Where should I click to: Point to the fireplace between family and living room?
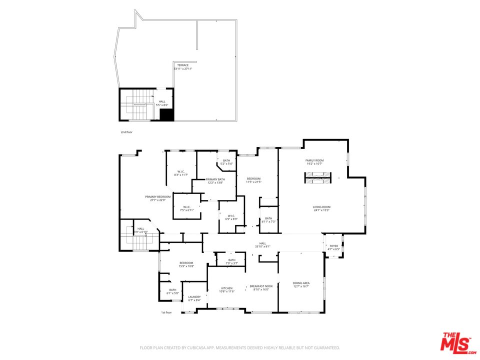point(318,178)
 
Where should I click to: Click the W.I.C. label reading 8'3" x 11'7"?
point(181,173)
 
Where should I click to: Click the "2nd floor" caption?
point(126,132)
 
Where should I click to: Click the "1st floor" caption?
point(166,312)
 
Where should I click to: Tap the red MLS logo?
point(456,342)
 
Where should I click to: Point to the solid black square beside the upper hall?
point(166,114)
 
